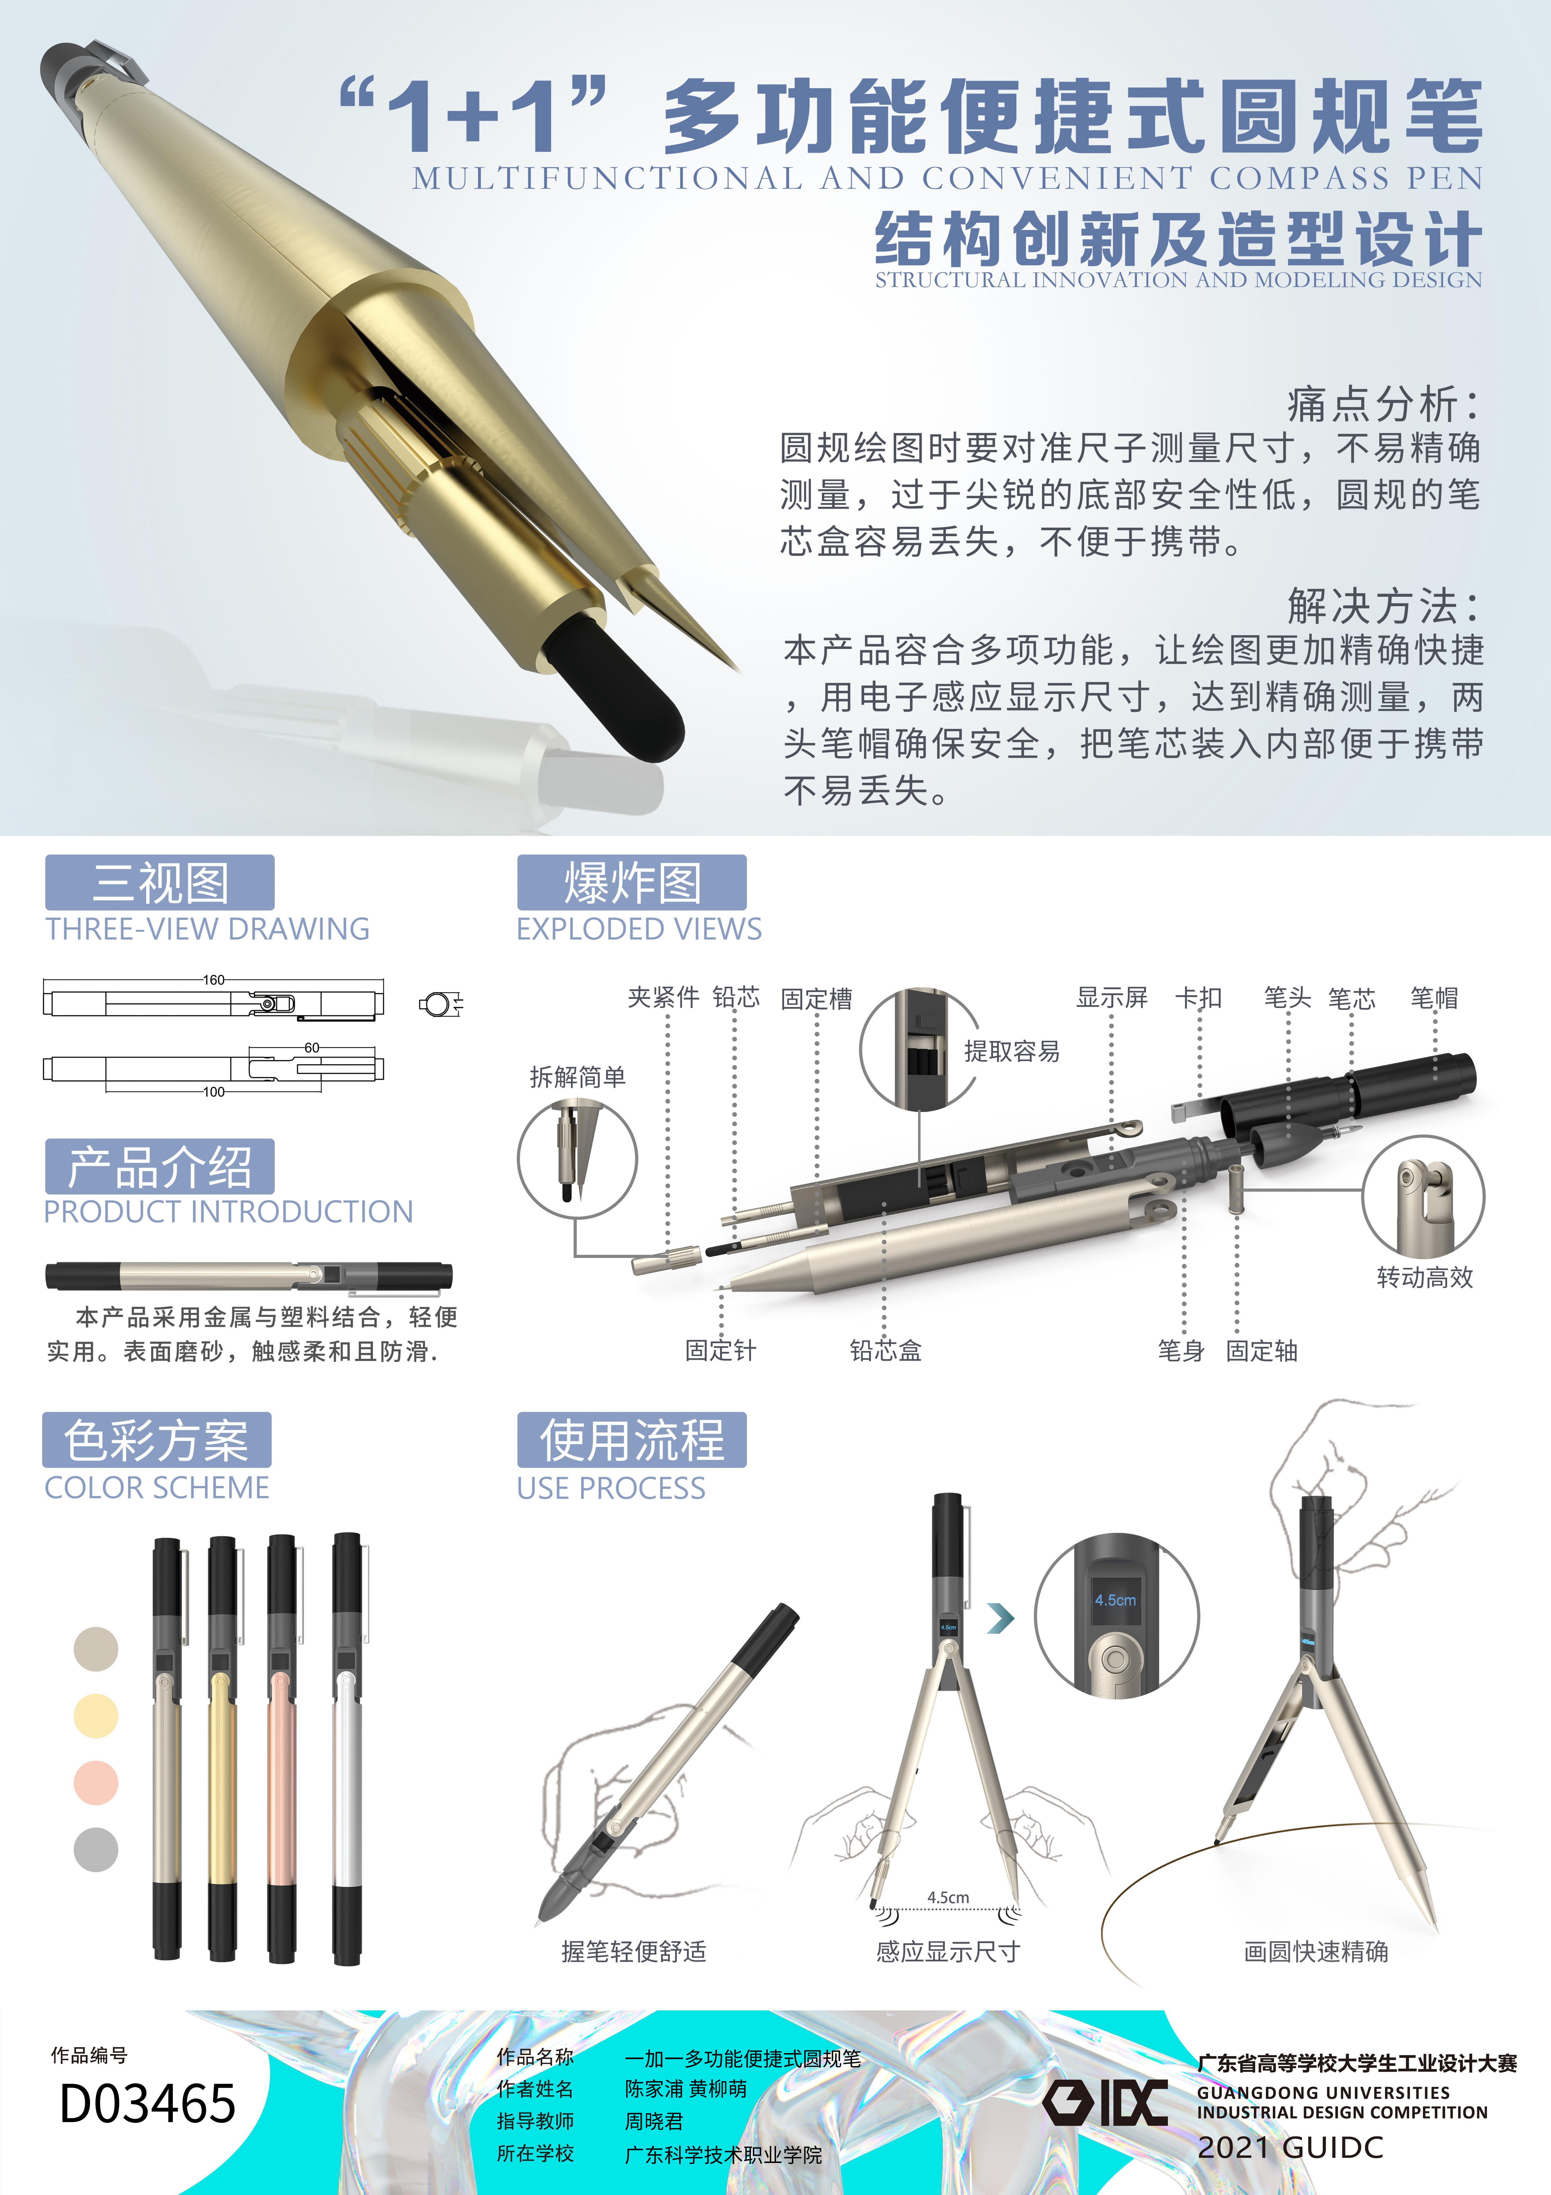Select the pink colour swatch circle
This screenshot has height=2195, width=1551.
(96, 1782)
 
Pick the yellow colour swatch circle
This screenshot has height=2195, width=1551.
(96, 1715)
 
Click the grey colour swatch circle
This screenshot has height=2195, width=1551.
(96, 1849)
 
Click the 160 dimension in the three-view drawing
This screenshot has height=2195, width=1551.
(213, 980)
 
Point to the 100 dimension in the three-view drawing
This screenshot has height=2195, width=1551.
(213, 1092)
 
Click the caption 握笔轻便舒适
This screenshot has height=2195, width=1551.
(634, 1951)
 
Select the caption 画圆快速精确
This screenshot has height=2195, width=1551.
(1316, 1951)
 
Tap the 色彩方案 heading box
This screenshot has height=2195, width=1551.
(157, 1440)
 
